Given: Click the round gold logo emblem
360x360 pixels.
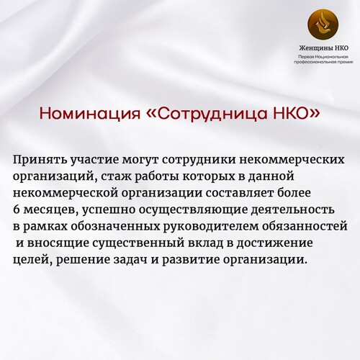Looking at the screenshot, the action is (323, 24).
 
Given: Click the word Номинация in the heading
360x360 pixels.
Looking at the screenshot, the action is (90, 114).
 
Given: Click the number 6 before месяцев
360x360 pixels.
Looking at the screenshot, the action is (16, 210).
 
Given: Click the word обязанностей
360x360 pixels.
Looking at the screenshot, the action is (305, 226).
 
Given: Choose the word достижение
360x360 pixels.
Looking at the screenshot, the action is (274, 243).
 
